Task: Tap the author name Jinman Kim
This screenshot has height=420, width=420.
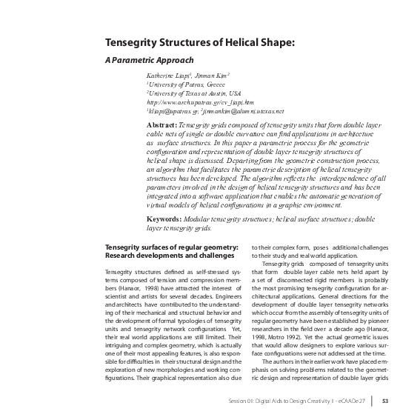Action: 216,76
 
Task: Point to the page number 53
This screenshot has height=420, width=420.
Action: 385,401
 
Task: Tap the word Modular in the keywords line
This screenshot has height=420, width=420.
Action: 212,219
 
